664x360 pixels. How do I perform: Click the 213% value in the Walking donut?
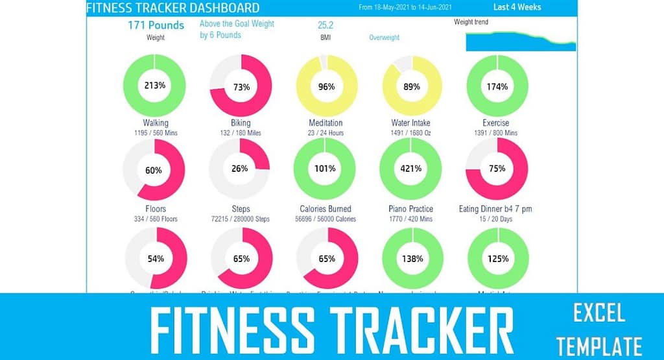(x=154, y=87)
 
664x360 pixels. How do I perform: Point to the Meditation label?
(x=326, y=123)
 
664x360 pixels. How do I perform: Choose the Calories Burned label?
(x=326, y=209)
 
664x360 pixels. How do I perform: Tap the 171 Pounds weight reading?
(x=156, y=25)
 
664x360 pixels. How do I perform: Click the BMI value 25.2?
(x=326, y=26)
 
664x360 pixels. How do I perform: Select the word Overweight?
(x=384, y=38)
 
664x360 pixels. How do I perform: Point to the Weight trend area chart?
(x=521, y=41)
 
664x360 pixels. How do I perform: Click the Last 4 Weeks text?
(x=517, y=8)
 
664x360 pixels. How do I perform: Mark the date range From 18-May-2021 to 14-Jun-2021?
(x=405, y=8)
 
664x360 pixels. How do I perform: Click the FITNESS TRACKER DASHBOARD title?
(x=172, y=8)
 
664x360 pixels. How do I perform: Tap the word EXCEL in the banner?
(x=599, y=314)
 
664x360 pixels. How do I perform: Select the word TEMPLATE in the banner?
(x=599, y=346)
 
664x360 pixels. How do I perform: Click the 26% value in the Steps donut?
(x=239, y=169)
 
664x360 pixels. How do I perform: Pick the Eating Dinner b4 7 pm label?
(x=497, y=209)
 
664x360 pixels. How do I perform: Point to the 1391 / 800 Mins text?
(x=497, y=133)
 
